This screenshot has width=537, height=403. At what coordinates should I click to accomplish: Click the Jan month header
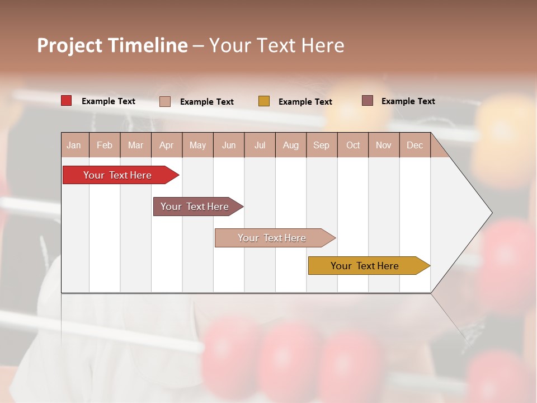(74, 145)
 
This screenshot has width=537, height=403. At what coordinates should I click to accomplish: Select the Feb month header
(105, 145)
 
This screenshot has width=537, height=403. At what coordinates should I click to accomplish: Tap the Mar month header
(135, 145)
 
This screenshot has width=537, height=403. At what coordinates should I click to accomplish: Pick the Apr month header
(167, 145)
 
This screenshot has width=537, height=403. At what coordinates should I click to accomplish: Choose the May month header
(197, 145)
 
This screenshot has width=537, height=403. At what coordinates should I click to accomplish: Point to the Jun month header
(229, 145)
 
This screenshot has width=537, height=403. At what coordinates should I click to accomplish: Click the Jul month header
(260, 145)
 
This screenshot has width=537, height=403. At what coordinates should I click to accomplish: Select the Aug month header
(291, 145)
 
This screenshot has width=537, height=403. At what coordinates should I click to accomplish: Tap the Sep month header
(322, 145)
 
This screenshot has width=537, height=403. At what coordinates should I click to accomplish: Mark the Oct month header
(353, 145)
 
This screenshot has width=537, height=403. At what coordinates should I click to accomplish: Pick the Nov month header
(384, 145)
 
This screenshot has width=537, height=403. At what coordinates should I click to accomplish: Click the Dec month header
(415, 145)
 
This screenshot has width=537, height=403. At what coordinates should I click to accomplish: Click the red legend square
(67, 101)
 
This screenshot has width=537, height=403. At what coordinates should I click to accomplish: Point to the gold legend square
(264, 101)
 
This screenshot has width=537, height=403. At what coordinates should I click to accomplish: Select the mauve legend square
(368, 101)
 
